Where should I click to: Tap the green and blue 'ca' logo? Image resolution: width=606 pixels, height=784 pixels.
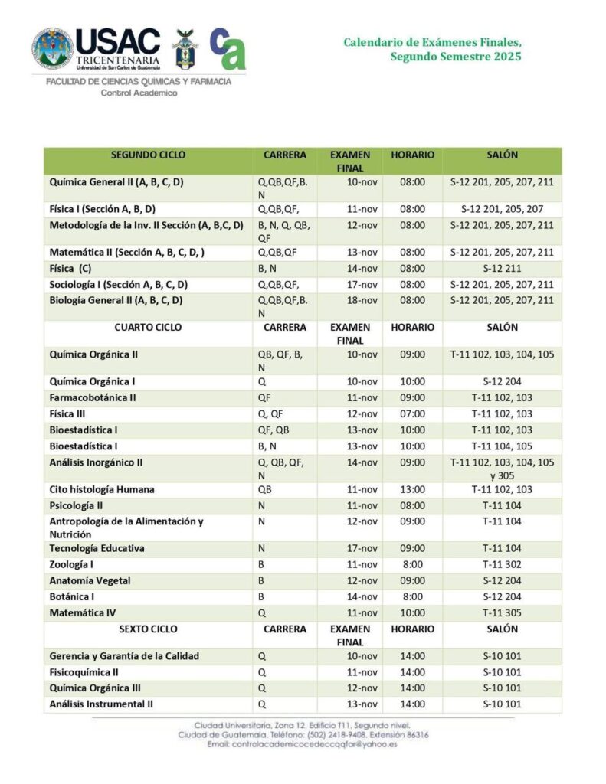point(228,48)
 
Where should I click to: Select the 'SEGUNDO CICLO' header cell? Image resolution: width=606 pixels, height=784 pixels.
point(148,155)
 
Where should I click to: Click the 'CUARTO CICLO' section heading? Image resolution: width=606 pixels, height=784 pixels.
point(148,327)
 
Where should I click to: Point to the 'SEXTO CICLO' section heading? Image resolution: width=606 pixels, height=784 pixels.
point(148,629)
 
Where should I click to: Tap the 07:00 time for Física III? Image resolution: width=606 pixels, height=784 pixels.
point(412,414)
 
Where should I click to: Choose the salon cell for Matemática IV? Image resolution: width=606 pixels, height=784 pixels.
point(502,613)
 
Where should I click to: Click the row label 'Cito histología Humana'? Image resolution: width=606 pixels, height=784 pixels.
point(102,490)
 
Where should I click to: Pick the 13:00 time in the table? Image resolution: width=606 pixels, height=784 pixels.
point(412,490)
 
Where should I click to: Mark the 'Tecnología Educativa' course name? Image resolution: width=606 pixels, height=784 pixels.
point(97,549)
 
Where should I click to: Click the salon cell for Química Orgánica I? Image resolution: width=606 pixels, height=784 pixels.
point(502,381)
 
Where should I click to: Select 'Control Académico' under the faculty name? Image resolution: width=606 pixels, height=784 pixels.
point(139,93)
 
